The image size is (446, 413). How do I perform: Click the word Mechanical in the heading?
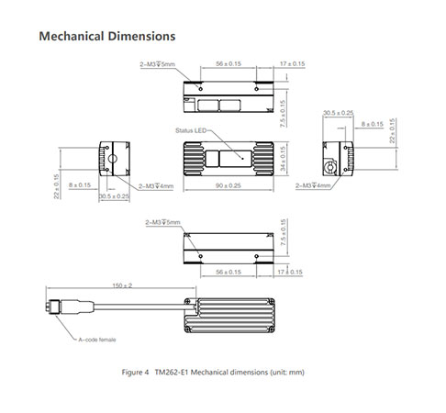[72, 36]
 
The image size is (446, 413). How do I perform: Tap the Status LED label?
[191, 130]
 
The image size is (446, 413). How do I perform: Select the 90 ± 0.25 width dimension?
[229, 185]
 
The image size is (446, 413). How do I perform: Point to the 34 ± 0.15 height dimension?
[283, 159]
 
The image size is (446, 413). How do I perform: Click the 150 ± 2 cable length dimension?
[122, 285]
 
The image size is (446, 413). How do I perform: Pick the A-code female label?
[97, 340]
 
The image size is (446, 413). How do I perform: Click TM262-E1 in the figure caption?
[172, 373]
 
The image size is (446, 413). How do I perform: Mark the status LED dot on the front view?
[242, 159]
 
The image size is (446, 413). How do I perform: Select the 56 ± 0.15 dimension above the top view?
[229, 63]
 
